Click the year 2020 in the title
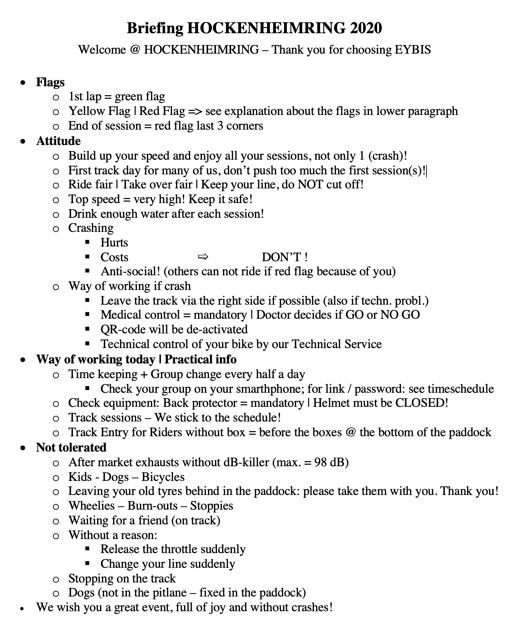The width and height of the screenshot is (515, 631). pos(366,28)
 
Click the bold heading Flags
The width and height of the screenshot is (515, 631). pos(50,82)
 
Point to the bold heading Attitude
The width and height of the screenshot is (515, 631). pos(58,141)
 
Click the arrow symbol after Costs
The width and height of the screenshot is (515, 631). pos(203,256)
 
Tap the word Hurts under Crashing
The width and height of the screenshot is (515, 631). pos(114,242)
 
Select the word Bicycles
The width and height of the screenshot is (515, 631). pos(163,477)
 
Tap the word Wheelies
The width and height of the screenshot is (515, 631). pos(92,506)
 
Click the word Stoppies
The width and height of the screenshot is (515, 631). pos(211,506)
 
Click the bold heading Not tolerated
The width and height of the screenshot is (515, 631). pos(71,447)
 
